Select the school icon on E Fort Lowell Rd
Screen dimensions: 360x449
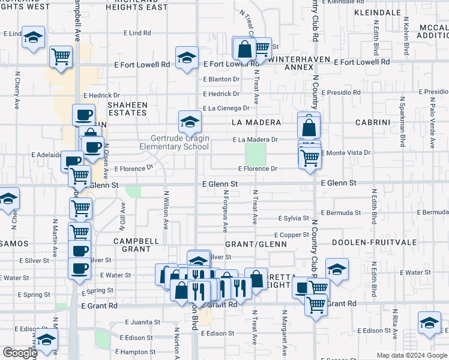(x=187, y=58)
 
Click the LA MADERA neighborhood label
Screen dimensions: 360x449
(x=256, y=122)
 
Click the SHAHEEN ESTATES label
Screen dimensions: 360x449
(x=127, y=109)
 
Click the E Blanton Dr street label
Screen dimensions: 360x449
(x=221, y=79)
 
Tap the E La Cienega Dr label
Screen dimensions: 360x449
(x=226, y=109)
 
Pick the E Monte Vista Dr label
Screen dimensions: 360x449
(x=346, y=153)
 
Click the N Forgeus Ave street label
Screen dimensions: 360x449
(x=226, y=212)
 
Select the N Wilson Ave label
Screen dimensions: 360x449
(x=165, y=211)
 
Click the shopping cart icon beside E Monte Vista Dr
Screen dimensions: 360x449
(x=310, y=158)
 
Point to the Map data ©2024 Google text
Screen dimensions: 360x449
(x=411, y=355)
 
